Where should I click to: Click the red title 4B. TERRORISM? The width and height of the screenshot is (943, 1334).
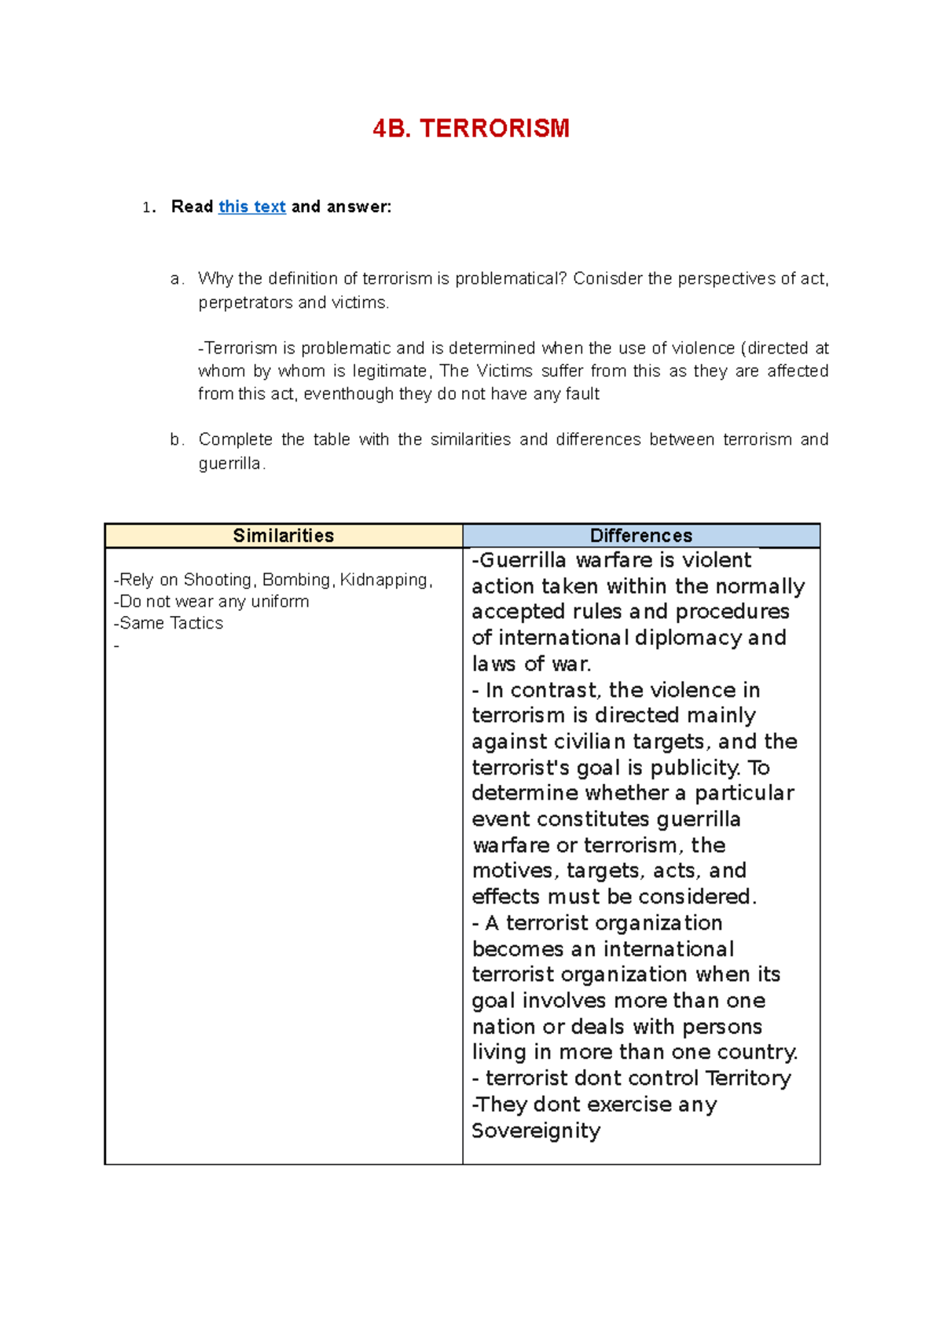point(471,129)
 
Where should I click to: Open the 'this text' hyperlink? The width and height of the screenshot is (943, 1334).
point(251,207)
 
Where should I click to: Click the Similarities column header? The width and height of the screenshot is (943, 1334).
point(283,536)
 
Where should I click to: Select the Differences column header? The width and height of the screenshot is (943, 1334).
point(640,536)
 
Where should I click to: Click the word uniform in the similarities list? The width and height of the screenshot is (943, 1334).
point(281,602)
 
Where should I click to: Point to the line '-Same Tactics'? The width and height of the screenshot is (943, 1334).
point(169,623)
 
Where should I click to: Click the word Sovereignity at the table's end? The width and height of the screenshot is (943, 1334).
point(536,1131)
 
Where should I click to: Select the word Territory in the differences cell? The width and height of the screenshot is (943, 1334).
point(748,1078)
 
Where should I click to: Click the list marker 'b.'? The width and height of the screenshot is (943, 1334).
point(177,440)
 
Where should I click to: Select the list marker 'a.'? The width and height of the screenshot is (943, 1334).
point(177,279)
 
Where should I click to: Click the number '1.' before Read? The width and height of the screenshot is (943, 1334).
point(149,207)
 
